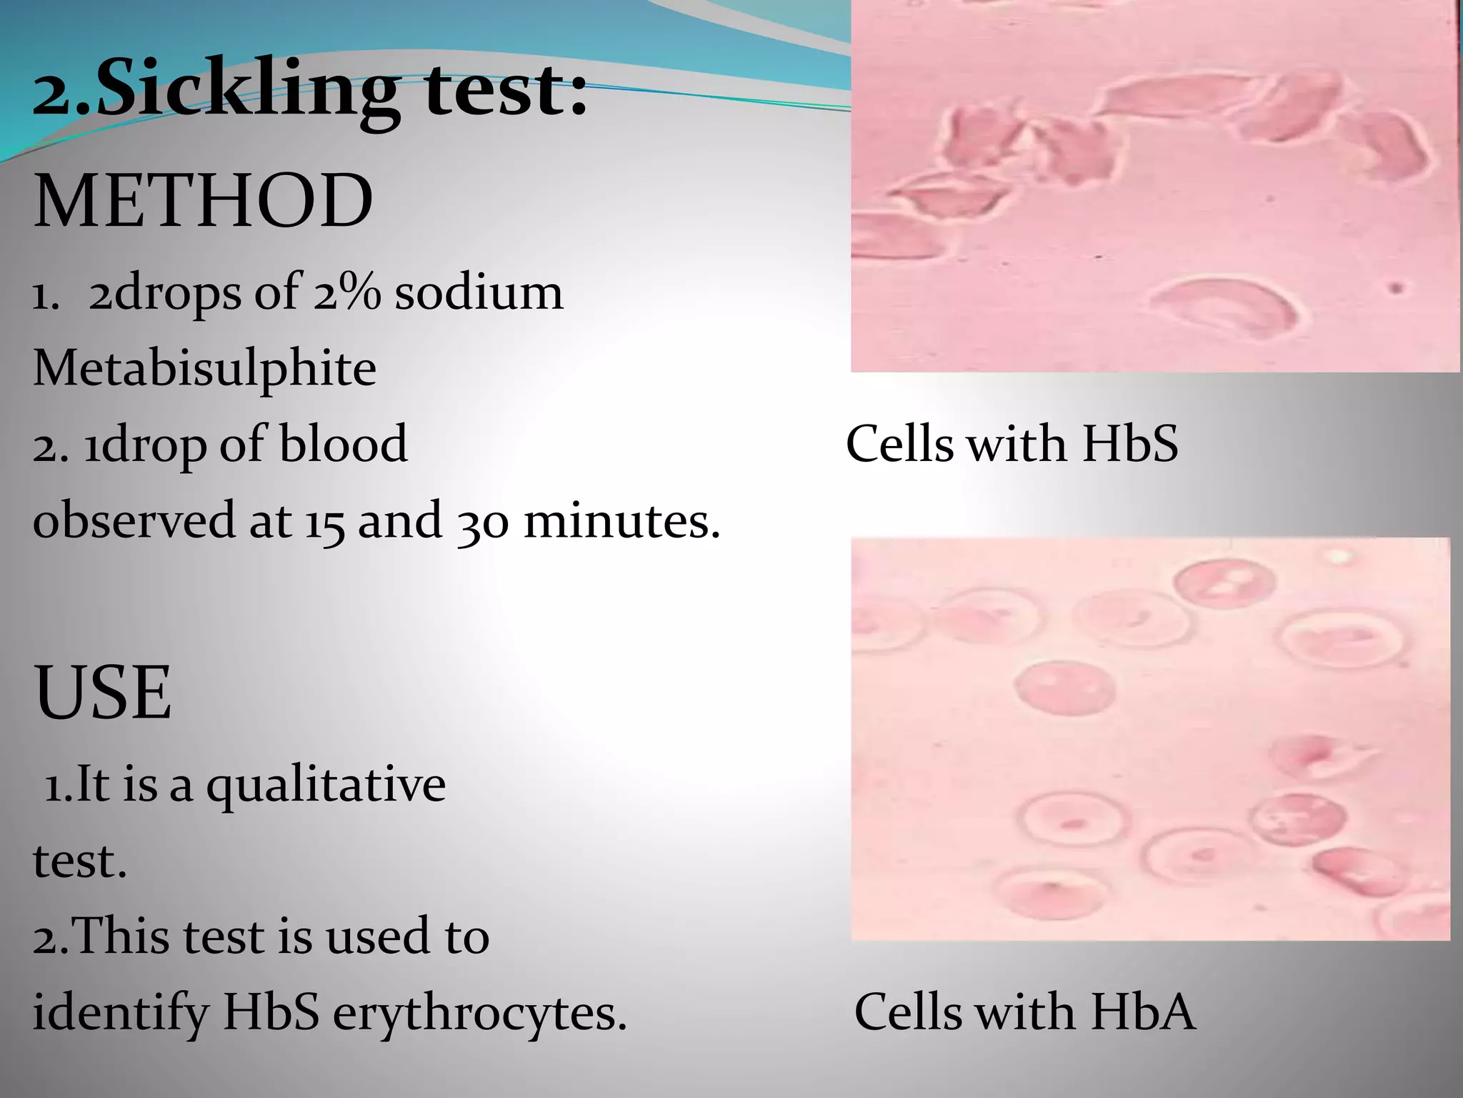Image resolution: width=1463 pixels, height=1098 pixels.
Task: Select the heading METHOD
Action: (203, 202)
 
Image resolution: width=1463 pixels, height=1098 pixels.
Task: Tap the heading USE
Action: (103, 692)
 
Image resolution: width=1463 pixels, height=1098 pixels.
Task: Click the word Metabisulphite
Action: (204, 369)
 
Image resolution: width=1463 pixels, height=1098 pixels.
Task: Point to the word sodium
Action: (479, 293)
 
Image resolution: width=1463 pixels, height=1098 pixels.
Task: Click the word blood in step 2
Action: (343, 444)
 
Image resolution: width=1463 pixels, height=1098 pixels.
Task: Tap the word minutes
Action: (621, 520)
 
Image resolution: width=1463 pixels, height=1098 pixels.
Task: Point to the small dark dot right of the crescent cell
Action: (1395, 289)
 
